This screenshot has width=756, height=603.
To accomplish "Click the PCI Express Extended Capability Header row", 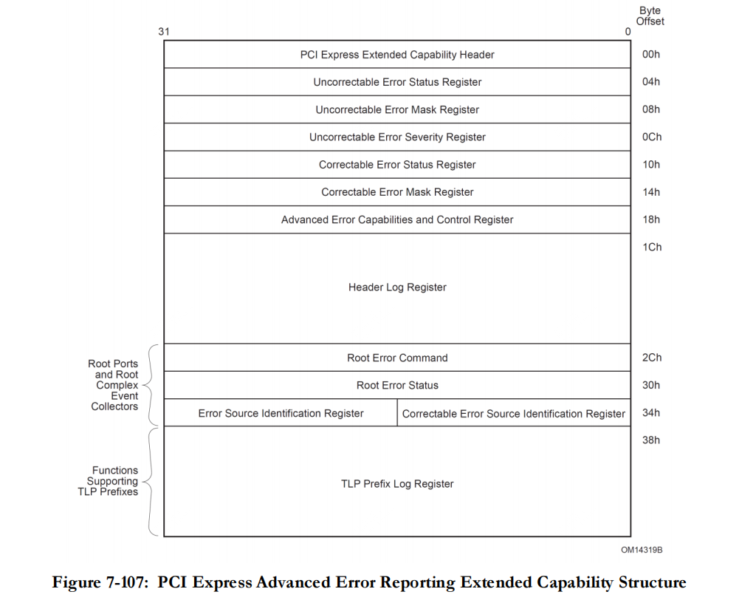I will point(397,55).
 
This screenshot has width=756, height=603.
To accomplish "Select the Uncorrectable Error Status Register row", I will point(397,82).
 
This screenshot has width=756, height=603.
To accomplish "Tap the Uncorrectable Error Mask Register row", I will point(397,109).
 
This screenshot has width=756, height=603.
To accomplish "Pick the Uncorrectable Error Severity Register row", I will point(397,137).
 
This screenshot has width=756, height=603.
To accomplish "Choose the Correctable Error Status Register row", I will point(397,164).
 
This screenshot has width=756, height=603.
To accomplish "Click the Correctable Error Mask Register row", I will point(397,192).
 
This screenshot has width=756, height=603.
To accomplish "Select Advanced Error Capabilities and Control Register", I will point(397,219).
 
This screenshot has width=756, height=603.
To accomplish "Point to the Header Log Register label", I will point(397,287).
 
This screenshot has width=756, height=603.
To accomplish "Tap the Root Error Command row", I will point(397,358).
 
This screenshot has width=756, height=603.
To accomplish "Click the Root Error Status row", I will point(397,385).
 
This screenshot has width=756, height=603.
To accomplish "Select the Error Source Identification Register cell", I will point(281,413).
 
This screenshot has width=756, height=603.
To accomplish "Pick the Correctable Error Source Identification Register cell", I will point(514,413).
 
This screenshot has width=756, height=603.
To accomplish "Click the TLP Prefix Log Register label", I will point(397,484).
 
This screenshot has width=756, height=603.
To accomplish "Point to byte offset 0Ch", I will point(651,137).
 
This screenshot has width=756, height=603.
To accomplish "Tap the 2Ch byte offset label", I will point(651,358).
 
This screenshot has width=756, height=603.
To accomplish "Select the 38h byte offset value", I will point(651,440).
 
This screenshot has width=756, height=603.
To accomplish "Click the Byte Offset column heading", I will point(650,16).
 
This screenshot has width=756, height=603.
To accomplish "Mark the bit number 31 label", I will point(163,32).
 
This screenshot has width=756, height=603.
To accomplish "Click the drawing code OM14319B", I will point(636,550).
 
